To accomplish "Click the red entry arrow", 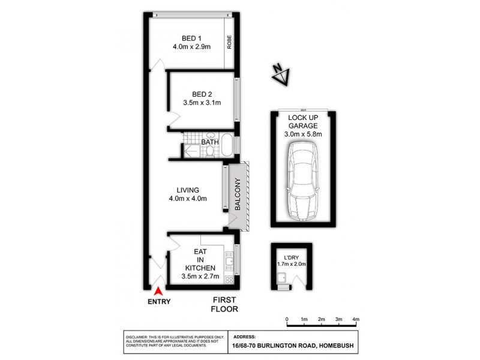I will tap(159, 290).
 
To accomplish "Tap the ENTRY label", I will tap(159, 302).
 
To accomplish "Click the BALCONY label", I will tap(238, 195).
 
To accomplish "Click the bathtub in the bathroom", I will tap(227, 146).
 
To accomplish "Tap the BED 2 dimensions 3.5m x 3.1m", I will tap(202, 103).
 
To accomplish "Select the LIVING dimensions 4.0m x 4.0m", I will tap(188, 199).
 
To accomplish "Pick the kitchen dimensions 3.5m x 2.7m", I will tap(200, 277).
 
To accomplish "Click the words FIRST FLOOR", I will tap(224, 304).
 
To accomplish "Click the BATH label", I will tap(209, 142).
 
